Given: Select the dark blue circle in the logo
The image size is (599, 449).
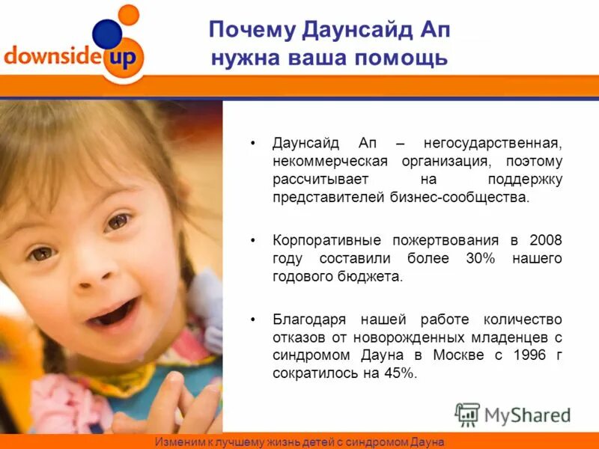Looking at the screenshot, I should tap(106, 34).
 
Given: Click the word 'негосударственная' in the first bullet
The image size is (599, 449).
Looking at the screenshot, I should tap(492, 142).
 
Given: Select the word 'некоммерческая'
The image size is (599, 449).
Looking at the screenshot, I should tap(329, 161).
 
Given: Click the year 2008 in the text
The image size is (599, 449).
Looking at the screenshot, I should tap(545, 239).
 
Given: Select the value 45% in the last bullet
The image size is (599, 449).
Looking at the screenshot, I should tap(398, 373).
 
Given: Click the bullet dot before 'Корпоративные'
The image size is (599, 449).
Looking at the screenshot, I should tap(254, 240).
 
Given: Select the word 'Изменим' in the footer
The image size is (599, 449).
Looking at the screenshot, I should tap(177, 442).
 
